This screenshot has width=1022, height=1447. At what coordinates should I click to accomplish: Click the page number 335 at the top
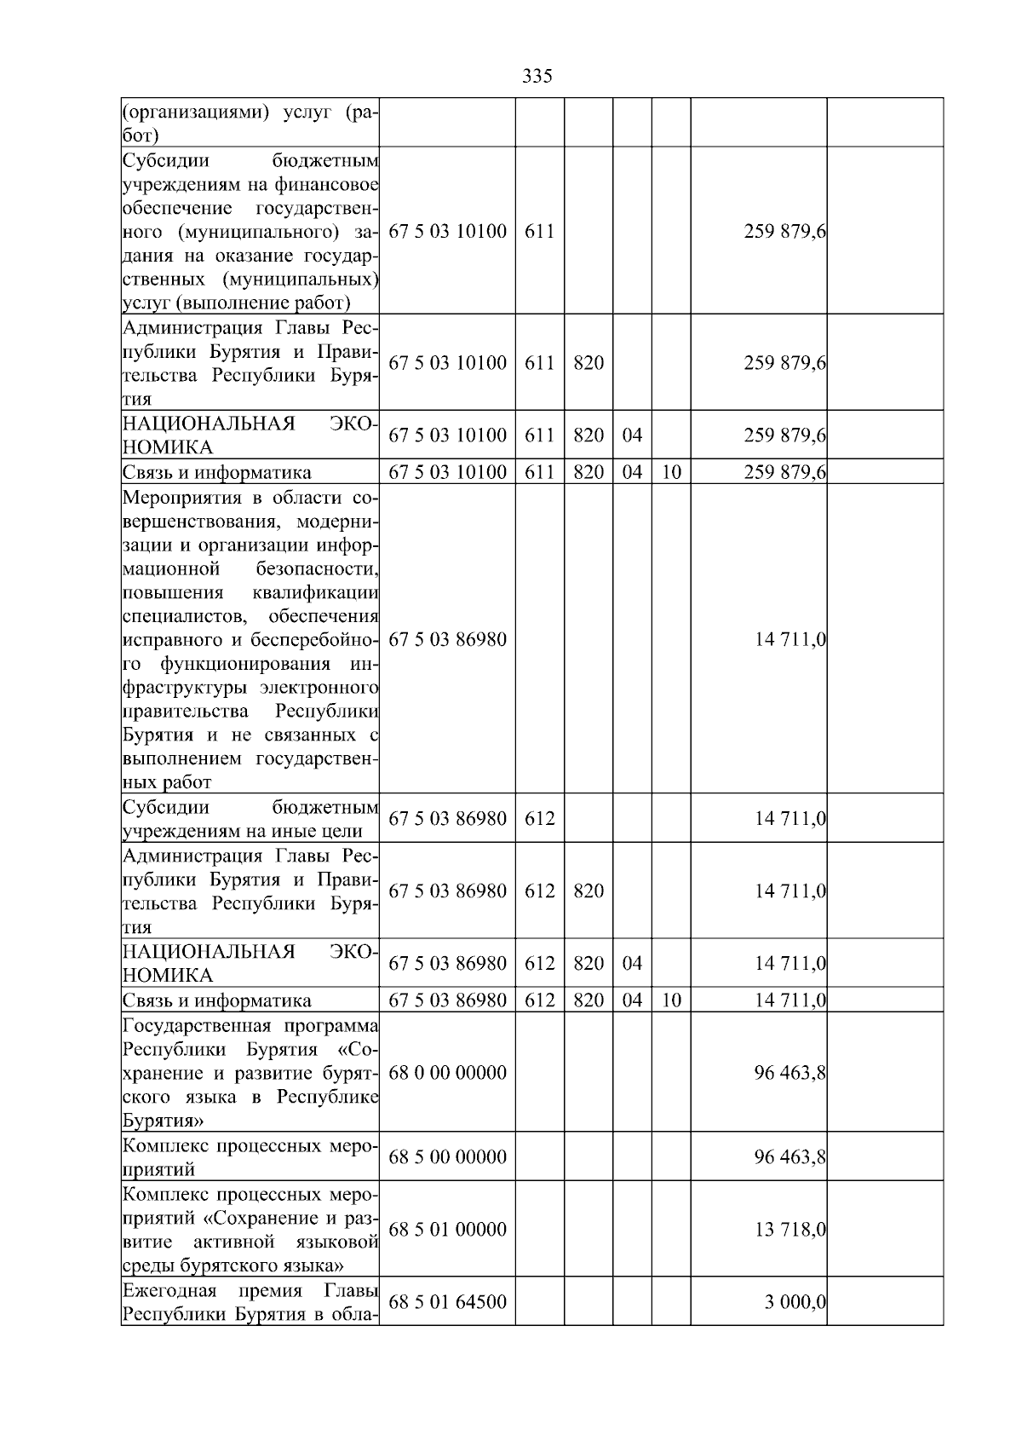[x=537, y=77]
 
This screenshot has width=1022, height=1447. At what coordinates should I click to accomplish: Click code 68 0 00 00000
[x=447, y=1072]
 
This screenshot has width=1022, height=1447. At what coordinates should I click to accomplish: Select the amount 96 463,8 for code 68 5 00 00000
[x=789, y=1157]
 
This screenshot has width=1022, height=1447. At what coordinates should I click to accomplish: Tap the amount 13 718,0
[x=789, y=1230]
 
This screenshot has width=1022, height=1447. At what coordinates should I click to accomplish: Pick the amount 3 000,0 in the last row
[x=795, y=1302]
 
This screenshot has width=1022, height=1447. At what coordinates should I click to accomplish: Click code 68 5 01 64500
[x=447, y=1302]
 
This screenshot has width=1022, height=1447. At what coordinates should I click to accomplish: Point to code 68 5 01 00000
[x=447, y=1230]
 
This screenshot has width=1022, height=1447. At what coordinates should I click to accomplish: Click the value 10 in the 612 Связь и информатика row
[x=671, y=1000]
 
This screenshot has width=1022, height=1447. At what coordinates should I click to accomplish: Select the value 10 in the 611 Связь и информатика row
[x=671, y=472]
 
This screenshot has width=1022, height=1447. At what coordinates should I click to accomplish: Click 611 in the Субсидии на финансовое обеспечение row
[x=539, y=232]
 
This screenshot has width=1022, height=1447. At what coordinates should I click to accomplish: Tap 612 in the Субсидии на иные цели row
[x=539, y=819]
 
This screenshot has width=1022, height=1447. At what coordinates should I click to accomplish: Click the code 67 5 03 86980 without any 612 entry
[x=447, y=639]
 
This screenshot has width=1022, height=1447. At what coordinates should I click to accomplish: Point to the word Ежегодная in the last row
[x=169, y=1290]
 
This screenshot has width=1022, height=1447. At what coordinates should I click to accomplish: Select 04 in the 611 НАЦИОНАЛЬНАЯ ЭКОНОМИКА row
[x=632, y=435]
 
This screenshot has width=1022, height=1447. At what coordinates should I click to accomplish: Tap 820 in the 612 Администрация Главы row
[x=589, y=891]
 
